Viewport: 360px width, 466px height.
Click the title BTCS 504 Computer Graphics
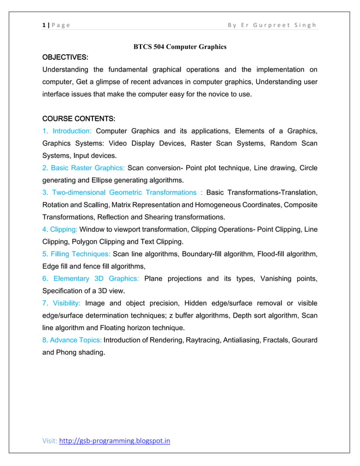click(x=179, y=46)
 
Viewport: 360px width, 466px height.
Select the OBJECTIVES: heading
click(x=65, y=58)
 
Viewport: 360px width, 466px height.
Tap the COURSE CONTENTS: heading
click(x=79, y=119)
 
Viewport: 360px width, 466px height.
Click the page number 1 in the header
click(x=43, y=25)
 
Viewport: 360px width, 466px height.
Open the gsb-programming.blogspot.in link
click(x=115, y=441)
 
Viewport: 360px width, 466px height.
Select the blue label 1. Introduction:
click(x=67, y=131)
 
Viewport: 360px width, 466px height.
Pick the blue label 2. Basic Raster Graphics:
click(x=84, y=168)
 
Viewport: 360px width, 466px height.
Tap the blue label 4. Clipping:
click(x=60, y=230)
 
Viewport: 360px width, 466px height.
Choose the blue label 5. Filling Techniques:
click(x=76, y=254)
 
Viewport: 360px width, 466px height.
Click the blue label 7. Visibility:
click(x=62, y=304)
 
